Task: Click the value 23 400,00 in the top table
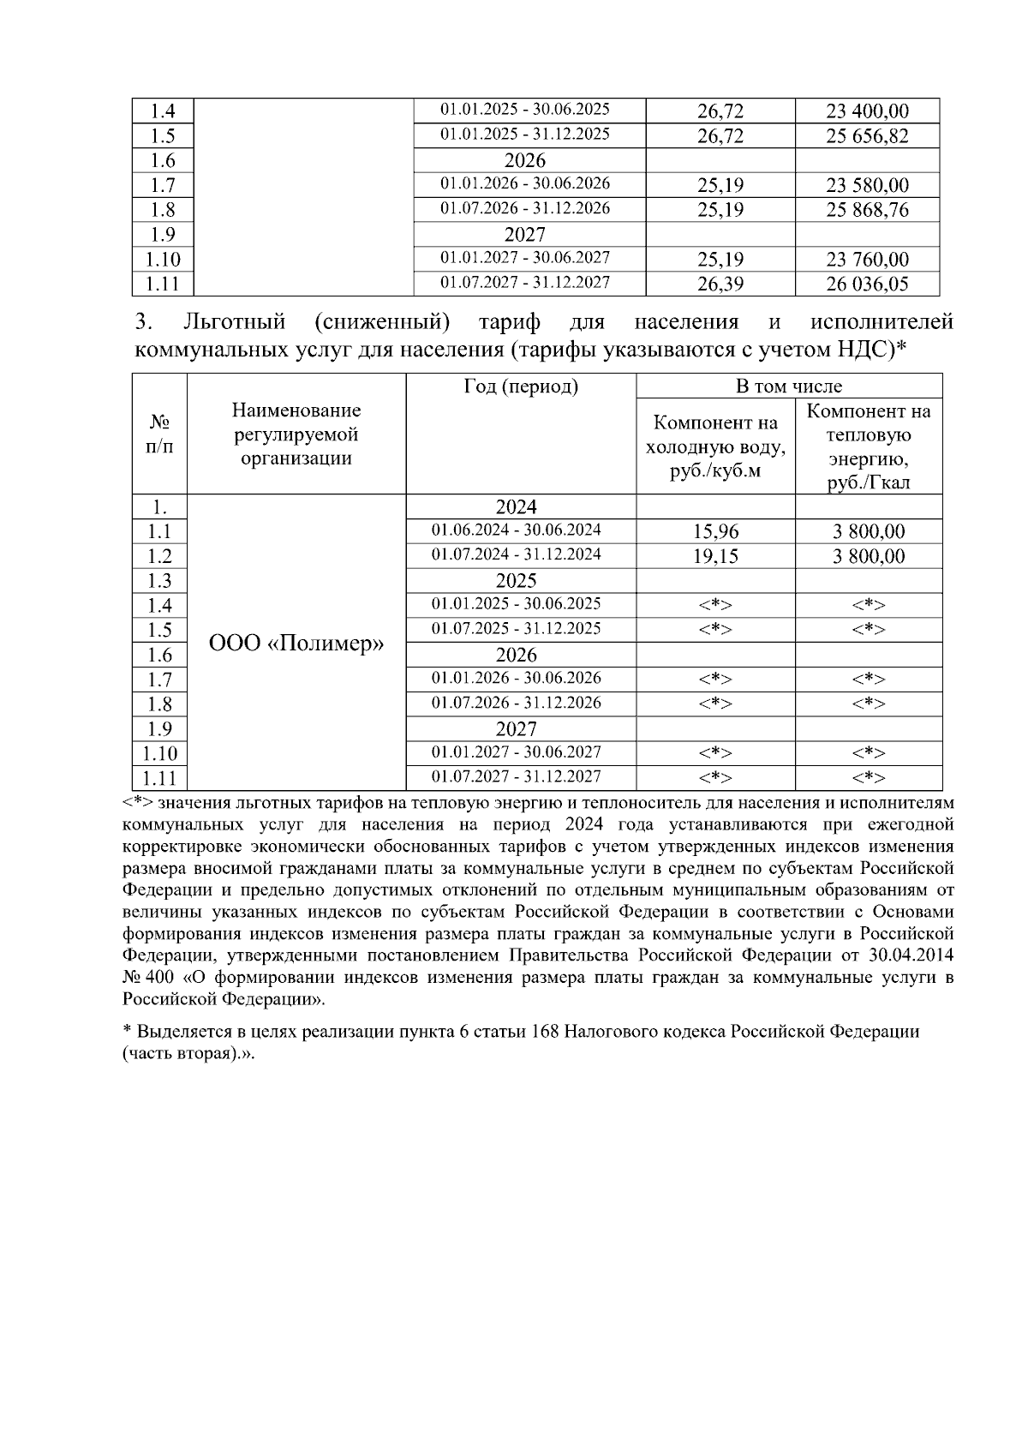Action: tap(867, 111)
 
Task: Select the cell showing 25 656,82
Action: tap(867, 136)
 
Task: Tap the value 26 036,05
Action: tap(867, 284)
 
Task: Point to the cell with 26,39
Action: tap(720, 284)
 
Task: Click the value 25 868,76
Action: tap(867, 210)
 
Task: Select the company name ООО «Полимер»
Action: tap(296, 643)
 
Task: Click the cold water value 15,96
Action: tap(715, 532)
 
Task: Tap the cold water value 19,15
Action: tap(715, 557)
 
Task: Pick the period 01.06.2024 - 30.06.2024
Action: tap(516, 530)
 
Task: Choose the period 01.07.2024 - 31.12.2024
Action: tap(516, 554)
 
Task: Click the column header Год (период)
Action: tap(521, 387)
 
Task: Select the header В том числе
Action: tap(789, 386)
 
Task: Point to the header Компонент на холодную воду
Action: tap(715, 446)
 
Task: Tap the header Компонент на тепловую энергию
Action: tap(869, 446)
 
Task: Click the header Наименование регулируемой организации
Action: tap(296, 434)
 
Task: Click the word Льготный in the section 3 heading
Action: tap(234, 323)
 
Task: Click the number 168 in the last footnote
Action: tap(545, 1032)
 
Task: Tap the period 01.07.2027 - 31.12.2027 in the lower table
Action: tap(516, 776)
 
